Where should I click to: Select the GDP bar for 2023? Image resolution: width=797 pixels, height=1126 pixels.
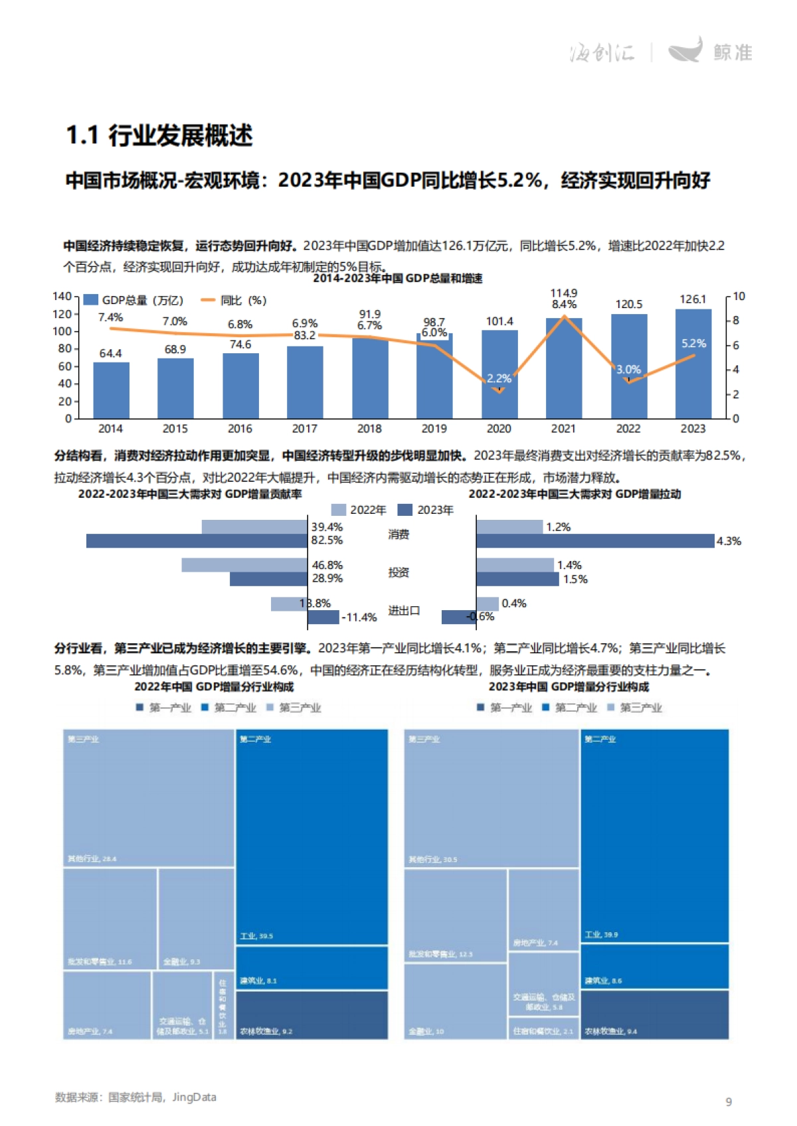[693, 372]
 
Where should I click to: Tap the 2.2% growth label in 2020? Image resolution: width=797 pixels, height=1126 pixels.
[499, 378]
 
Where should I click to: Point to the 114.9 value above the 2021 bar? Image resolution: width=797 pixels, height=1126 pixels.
[563, 293]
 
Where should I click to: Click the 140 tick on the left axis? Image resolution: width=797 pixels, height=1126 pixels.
[62, 296]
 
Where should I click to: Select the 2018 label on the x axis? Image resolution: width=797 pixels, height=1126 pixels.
[369, 429]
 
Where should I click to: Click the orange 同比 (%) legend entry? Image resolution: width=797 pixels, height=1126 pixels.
[234, 301]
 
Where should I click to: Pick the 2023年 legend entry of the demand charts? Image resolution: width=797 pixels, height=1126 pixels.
[426, 510]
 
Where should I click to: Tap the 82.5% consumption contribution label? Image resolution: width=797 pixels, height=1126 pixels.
[327, 540]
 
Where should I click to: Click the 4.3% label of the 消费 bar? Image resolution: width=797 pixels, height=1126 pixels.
[728, 541]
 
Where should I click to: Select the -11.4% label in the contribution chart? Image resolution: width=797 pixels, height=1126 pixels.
[359, 617]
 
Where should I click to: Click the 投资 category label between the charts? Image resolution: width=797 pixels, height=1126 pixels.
[398, 572]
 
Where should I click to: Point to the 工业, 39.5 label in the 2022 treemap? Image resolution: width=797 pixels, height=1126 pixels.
[256, 936]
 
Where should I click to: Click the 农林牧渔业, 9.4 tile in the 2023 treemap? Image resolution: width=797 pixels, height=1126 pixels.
[654, 1016]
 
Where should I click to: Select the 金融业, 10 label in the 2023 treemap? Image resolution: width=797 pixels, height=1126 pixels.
[426, 1031]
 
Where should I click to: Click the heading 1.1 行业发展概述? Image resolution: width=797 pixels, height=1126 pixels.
[159, 135]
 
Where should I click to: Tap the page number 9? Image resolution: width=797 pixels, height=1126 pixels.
[728, 1102]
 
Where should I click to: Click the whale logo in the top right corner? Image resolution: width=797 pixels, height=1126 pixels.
[685, 50]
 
